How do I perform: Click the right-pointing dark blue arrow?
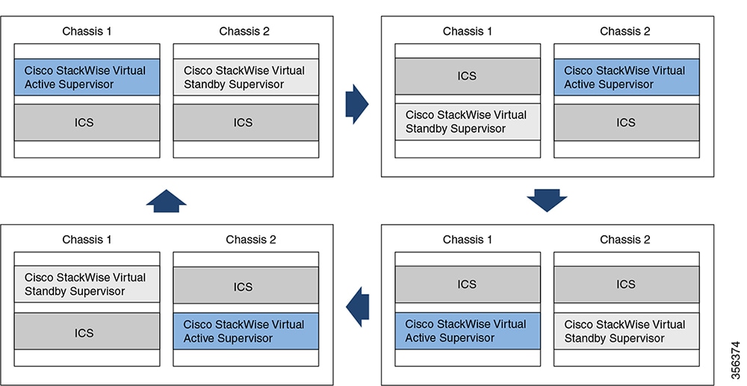[x=357, y=105]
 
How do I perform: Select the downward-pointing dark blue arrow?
[x=547, y=200]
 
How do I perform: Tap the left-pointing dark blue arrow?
[x=357, y=307]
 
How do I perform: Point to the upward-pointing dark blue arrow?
[x=167, y=201]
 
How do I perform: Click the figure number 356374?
[x=736, y=361]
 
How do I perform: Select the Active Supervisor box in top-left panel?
[x=87, y=77]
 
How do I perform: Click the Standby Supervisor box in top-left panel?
[x=246, y=77]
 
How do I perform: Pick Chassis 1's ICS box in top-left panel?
[x=87, y=122]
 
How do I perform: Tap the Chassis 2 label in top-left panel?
[x=244, y=31]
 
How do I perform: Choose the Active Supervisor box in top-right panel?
[x=627, y=77]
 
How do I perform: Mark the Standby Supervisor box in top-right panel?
[x=468, y=122]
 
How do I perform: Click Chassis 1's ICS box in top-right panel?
[x=468, y=76]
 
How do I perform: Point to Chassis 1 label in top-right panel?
[x=468, y=31]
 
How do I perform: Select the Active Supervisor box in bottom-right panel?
[x=468, y=331]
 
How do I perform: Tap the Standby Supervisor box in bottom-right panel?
[x=627, y=331]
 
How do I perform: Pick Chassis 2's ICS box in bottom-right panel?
[x=627, y=284]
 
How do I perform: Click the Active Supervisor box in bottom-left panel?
[x=246, y=331]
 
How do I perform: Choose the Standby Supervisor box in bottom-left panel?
[x=87, y=284]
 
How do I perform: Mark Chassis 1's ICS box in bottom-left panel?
[x=87, y=331]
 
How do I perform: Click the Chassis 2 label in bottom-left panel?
[x=251, y=240]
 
